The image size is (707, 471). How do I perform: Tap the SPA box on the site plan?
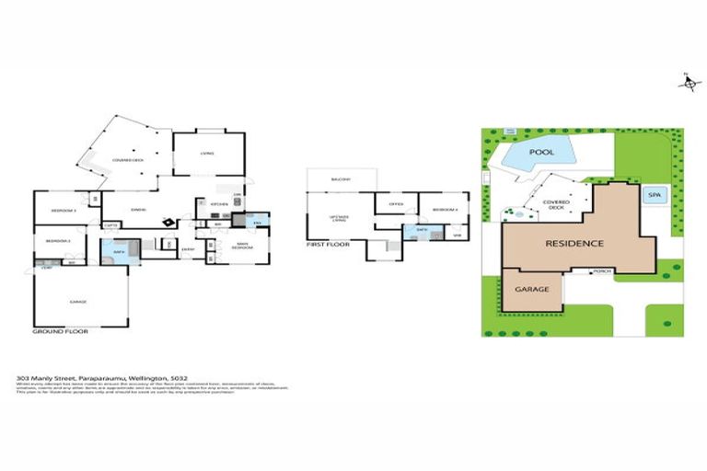coord(655,195)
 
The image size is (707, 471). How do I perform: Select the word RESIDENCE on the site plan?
coord(574,244)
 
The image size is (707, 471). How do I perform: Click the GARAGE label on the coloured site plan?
coord(532,289)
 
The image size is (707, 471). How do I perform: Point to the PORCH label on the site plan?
coord(602,271)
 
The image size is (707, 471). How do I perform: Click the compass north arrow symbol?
coord(687,83)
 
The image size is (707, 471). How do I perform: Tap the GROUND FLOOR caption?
coord(60,330)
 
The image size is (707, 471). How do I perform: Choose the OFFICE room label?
coord(396,204)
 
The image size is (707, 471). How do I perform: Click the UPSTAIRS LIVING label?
coord(340,219)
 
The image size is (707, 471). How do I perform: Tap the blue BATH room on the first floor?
coord(422,230)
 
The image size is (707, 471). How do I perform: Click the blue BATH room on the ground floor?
coord(118,251)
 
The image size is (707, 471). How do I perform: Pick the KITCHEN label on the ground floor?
coord(219,204)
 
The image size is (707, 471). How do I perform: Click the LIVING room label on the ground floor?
coord(208,154)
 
